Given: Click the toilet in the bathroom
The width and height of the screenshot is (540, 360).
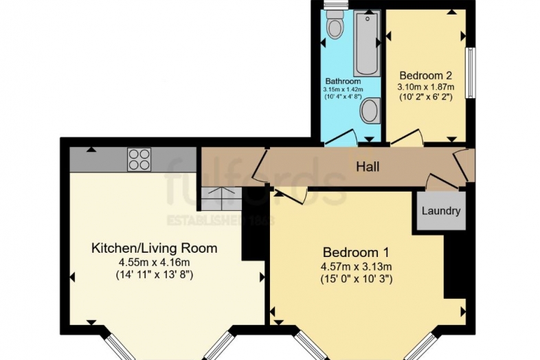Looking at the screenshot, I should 335,26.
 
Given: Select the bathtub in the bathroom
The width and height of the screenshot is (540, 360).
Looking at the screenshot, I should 367,45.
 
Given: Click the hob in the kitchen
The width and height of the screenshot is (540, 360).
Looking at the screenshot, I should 139,160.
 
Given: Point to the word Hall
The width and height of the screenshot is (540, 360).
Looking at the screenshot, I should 368,166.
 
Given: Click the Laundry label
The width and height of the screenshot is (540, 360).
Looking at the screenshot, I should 440,211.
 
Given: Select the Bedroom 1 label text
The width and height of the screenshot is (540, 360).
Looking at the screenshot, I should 356,251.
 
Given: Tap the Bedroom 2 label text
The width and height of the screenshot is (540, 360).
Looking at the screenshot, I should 425,75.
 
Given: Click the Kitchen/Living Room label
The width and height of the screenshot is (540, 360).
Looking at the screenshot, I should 155,248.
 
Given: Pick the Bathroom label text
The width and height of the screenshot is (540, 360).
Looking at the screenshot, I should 343,81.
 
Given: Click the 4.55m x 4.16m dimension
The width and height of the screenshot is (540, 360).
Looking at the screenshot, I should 155,262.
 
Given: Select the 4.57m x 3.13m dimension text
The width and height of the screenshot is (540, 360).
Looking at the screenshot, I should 356,266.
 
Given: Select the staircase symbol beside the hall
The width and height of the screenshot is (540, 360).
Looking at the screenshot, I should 220,199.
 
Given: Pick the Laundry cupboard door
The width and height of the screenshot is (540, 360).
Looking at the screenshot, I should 437,182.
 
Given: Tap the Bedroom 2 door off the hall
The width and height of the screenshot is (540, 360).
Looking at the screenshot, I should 405,138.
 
